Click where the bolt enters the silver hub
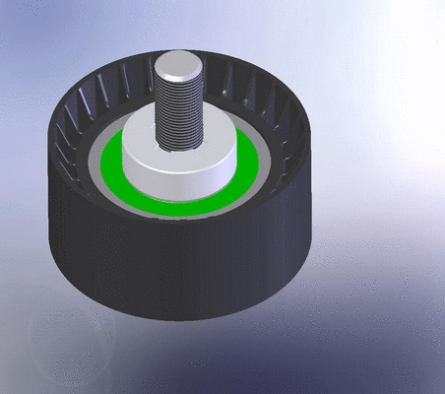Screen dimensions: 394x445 (183, 149)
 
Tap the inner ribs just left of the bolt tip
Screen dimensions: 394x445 (123, 89)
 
